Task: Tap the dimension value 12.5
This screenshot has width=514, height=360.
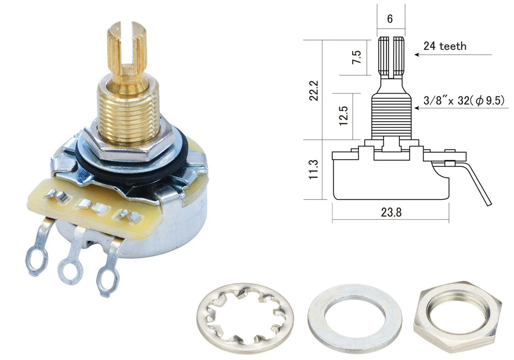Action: pyautogui.click(x=343, y=116)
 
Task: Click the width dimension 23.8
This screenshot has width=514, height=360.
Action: pyautogui.click(x=391, y=213)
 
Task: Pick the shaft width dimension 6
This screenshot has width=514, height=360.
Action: pyautogui.click(x=390, y=18)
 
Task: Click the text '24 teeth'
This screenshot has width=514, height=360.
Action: pyautogui.click(x=445, y=46)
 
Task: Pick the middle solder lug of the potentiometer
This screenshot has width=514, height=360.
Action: pyautogui.click(x=73, y=259)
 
